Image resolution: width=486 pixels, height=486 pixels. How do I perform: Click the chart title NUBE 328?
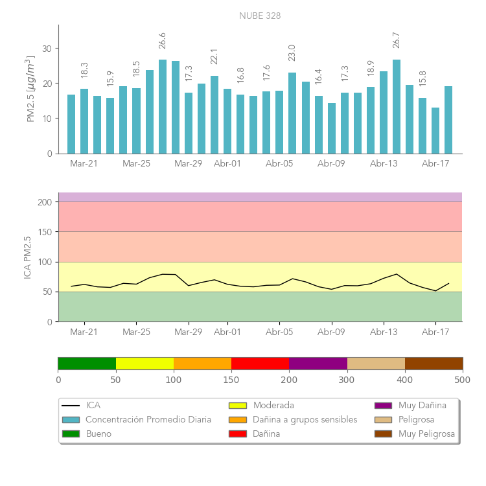[260, 16]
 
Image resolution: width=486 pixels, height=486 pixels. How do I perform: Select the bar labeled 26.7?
[397, 107]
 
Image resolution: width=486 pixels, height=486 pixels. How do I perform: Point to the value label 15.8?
[422, 78]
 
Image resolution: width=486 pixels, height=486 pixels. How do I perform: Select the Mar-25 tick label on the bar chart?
[136, 163]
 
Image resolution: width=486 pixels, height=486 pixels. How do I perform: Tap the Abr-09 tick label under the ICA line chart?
[331, 332]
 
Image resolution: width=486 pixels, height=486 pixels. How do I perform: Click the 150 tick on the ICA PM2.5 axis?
[45, 232]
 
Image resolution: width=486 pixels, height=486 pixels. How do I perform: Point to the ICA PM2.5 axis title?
[27, 257]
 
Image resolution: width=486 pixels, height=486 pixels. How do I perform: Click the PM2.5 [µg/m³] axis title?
[30, 89]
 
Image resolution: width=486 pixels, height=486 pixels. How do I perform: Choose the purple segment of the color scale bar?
[318, 363]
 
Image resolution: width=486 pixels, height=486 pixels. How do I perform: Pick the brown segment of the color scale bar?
[434, 363]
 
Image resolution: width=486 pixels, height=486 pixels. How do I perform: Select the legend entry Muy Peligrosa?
[426, 434]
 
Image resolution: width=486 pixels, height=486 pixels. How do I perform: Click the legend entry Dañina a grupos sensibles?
[305, 419]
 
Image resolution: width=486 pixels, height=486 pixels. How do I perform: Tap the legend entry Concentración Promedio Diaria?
[148, 419]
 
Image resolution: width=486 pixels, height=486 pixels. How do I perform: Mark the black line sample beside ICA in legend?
[71, 406]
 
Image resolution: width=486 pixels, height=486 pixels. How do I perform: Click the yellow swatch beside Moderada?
[238, 406]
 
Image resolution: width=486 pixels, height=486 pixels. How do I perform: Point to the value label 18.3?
[84, 70]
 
